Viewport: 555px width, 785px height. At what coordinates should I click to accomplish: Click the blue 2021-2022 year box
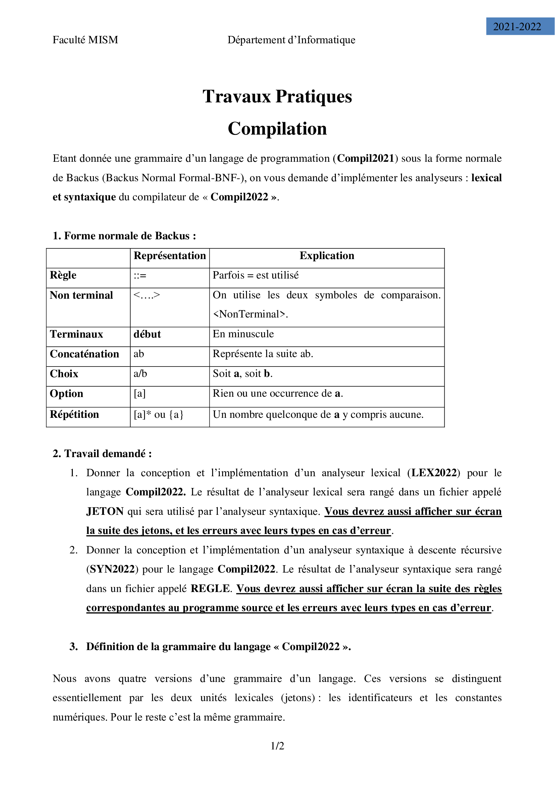pyautogui.click(x=519, y=26)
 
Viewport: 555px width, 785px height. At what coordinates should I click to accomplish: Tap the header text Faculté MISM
pyautogui.click(x=86, y=40)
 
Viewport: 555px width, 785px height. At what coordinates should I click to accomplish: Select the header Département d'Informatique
pyautogui.click(x=291, y=40)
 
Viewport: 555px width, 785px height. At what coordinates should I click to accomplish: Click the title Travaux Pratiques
pyautogui.click(x=277, y=96)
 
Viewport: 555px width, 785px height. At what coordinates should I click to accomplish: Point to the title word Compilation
pyautogui.click(x=277, y=129)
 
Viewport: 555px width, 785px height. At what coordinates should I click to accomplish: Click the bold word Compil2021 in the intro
pyautogui.click(x=366, y=158)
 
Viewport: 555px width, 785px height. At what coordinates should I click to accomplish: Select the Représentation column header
pyautogui.click(x=169, y=256)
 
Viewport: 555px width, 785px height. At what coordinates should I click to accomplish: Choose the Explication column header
pyautogui.click(x=327, y=256)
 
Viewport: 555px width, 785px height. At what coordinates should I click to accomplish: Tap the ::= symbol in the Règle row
pyautogui.click(x=140, y=276)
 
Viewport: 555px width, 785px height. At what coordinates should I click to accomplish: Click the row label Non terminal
pyautogui.click(x=81, y=295)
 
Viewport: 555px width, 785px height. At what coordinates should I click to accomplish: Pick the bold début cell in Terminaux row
pyautogui.click(x=147, y=334)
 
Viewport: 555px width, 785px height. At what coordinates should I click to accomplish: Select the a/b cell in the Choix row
pyautogui.click(x=140, y=373)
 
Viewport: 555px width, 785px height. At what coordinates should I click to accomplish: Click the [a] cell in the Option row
pyautogui.click(x=140, y=394)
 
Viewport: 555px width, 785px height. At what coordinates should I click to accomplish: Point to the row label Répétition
pyautogui.click(x=74, y=414)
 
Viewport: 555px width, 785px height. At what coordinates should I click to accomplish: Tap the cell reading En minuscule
pyautogui.click(x=243, y=334)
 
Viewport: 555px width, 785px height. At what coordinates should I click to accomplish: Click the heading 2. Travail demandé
pyautogui.click(x=102, y=454)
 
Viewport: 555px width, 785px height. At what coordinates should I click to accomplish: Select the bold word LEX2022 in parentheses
pyautogui.click(x=434, y=473)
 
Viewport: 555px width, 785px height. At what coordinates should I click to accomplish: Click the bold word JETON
pyautogui.click(x=105, y=511)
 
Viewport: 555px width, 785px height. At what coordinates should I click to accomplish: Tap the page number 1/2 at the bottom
pyautogui.click(x=277, y=746)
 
